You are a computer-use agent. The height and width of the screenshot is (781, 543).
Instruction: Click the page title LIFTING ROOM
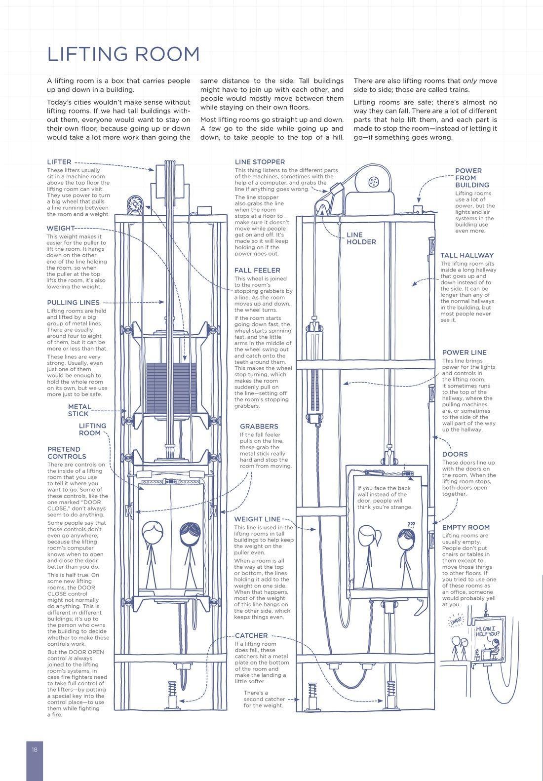click(x=123, y=54)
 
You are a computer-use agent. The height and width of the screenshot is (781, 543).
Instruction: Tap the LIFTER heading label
click(x=59, y=162)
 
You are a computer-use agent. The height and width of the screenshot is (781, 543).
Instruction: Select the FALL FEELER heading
click(x=257, y=270)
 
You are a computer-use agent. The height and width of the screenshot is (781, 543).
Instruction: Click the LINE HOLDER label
click(x=361, y=238)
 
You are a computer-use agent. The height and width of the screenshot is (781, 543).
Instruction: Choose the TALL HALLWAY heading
click(x=467, y=255)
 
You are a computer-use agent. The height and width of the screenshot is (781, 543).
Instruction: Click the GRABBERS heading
click(x=259, y=426)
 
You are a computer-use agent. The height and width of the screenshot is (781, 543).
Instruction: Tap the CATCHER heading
click(x=251, y=635)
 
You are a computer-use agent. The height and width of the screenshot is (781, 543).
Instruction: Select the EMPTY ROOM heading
click(x=466, y=527)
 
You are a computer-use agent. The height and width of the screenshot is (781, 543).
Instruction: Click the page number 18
click(x=35, y=749)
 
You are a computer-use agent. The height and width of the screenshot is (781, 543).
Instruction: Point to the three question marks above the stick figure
click(x=411, y=524)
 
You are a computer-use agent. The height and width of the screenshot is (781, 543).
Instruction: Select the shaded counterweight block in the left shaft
click(x=171, y=388)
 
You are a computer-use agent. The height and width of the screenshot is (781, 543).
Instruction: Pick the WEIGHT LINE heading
click(x=257, y=519)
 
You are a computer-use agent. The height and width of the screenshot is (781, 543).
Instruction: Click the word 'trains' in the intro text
click(x=459, y=90)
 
